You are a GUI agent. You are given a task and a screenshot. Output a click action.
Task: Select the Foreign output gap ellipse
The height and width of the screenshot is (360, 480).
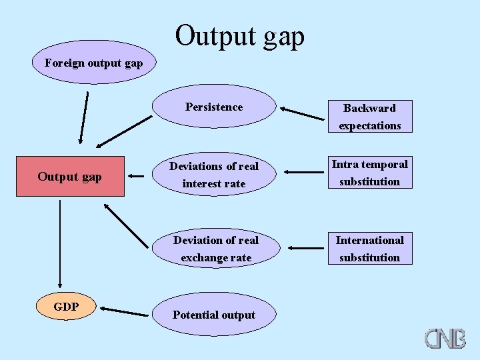93,63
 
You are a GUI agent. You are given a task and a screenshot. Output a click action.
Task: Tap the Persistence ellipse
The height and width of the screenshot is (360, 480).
214,107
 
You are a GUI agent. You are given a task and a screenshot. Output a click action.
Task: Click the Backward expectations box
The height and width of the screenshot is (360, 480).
369,117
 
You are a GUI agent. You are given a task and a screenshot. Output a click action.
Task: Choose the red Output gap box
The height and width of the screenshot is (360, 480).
70,177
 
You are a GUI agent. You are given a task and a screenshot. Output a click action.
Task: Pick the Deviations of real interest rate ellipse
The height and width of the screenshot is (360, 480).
214,175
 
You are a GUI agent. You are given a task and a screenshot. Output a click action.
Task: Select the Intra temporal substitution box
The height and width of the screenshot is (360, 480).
369,173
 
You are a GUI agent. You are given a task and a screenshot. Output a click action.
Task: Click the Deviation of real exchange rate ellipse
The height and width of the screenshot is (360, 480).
216,249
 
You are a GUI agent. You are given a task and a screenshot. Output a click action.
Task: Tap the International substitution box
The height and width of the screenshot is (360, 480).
369,249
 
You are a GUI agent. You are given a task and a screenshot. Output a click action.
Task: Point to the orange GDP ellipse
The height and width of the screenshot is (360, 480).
67,307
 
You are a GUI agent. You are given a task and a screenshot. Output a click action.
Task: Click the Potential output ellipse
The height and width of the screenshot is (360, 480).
214,315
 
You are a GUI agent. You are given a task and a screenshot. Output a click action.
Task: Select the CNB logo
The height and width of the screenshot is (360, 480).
445,338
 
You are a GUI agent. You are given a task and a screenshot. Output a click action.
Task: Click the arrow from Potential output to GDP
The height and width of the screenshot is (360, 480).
125,311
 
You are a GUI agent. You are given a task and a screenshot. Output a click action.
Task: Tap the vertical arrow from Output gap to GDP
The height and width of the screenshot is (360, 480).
60,243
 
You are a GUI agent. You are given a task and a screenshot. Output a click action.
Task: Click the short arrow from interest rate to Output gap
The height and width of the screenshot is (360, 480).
136,177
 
